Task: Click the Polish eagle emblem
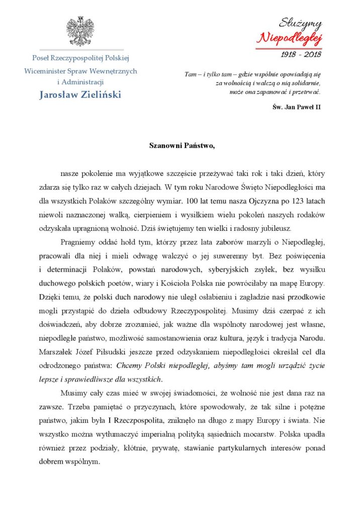coord(80,31)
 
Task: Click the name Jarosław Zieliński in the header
coord(80,95)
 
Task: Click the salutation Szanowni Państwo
coord(182,146)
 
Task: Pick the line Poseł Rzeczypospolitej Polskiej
coord(80,59)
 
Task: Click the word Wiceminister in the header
coord(45,71)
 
